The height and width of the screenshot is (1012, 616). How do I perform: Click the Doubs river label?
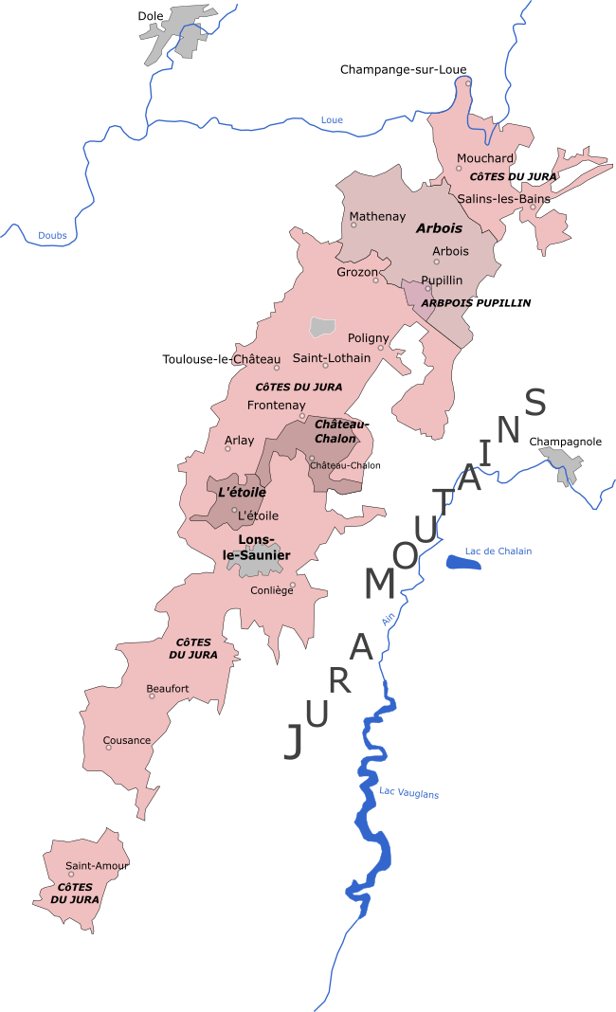pos(53,235)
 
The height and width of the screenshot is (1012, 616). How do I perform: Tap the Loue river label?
pos(332,119)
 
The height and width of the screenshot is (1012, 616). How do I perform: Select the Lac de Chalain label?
pos(498,551)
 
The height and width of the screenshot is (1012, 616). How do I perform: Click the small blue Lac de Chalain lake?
pos(463,564)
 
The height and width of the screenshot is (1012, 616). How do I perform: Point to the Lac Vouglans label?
pos(408,793)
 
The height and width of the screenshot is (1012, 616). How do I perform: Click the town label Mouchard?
pos(484,158)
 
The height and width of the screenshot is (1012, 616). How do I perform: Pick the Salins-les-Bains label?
pos(502,199)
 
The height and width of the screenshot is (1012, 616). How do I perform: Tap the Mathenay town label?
pos(377,217)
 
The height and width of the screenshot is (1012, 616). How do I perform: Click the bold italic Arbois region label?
pos(439,228)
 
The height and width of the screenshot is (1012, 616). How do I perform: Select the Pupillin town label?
pos(442,280)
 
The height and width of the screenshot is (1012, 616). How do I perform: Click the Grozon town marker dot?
pos(375,280)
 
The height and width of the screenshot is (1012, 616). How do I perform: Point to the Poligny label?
pos(368,338)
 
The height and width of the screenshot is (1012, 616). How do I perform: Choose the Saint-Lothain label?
pos(331,358)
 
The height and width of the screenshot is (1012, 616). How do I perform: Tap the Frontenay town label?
pos(276,406)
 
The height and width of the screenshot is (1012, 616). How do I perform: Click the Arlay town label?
pos(239,441)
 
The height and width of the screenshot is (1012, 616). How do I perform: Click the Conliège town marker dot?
pos(292,585)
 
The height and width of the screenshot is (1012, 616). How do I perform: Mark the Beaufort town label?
pos(168,689)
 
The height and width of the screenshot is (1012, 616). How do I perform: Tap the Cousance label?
pos(126,740)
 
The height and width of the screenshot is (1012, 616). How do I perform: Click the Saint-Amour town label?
pos(97,866)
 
